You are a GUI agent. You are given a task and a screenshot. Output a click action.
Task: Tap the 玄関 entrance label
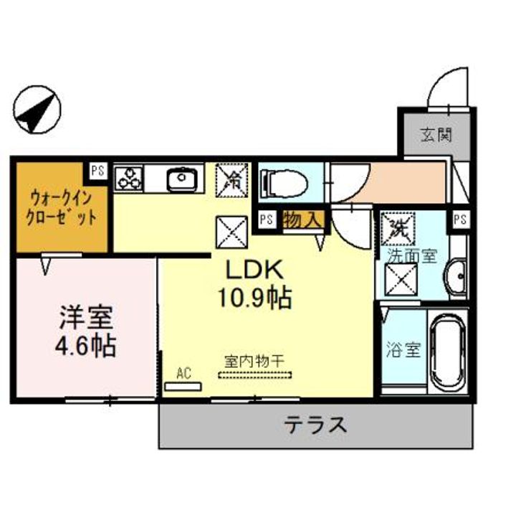(435, 135)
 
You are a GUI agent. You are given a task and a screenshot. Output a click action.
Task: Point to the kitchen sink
(182, 178)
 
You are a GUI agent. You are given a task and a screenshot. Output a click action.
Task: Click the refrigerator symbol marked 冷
(231, 178)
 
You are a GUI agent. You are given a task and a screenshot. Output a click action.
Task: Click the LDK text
(257, 271)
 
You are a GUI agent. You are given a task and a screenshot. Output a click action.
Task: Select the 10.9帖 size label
(257, 298)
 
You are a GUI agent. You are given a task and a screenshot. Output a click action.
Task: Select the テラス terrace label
(316, 425)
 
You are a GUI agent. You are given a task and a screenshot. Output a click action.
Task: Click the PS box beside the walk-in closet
(97, 171)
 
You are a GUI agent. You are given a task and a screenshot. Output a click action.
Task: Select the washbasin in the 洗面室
(455, 278)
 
